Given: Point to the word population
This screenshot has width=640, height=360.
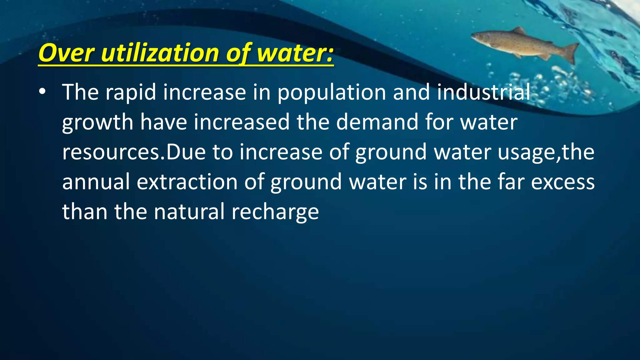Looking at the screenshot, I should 332,92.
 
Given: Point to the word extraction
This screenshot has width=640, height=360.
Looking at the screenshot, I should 187,182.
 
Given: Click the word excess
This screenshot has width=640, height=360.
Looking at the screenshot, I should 563,182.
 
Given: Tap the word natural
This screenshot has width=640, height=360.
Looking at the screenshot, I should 189,212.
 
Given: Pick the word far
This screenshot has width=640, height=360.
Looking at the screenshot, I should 511,182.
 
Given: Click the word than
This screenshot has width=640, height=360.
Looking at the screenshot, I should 85,212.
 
